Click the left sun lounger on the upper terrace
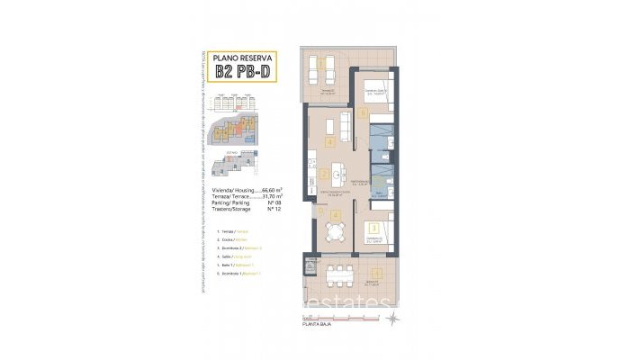(318, 67)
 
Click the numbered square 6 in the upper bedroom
(363, 113)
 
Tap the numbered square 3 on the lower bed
(373, 229)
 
